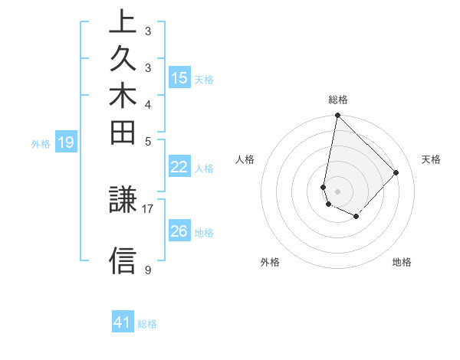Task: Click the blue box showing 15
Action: pyautogui.click(x=179, y=77)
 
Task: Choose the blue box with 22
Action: pyautogui.click(x=179, y=168)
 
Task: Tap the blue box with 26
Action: pyautogui.click(x=179, y=231)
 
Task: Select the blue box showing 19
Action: pyautogui.click(x=65, y=142)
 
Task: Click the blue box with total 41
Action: pyautogui.click(x=123, y=322)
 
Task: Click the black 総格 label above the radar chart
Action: pyautogui.click(x=338, y=100)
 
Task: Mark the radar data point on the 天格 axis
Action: pyautogui.click(x=396, y=172)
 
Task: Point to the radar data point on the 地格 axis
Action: pyautogui.click(x=356, y=217)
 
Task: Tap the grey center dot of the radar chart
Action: pyautogui.click(x=337, y=191)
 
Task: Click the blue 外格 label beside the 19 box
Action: pyautogui.click(x=41, y=143)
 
